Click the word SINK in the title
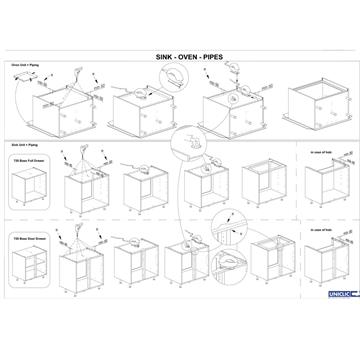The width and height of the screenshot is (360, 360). (x=159, y=59)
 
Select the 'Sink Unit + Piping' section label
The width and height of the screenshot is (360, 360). (x=25, y=145)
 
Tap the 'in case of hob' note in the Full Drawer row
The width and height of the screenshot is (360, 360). (x=320, y=152)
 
